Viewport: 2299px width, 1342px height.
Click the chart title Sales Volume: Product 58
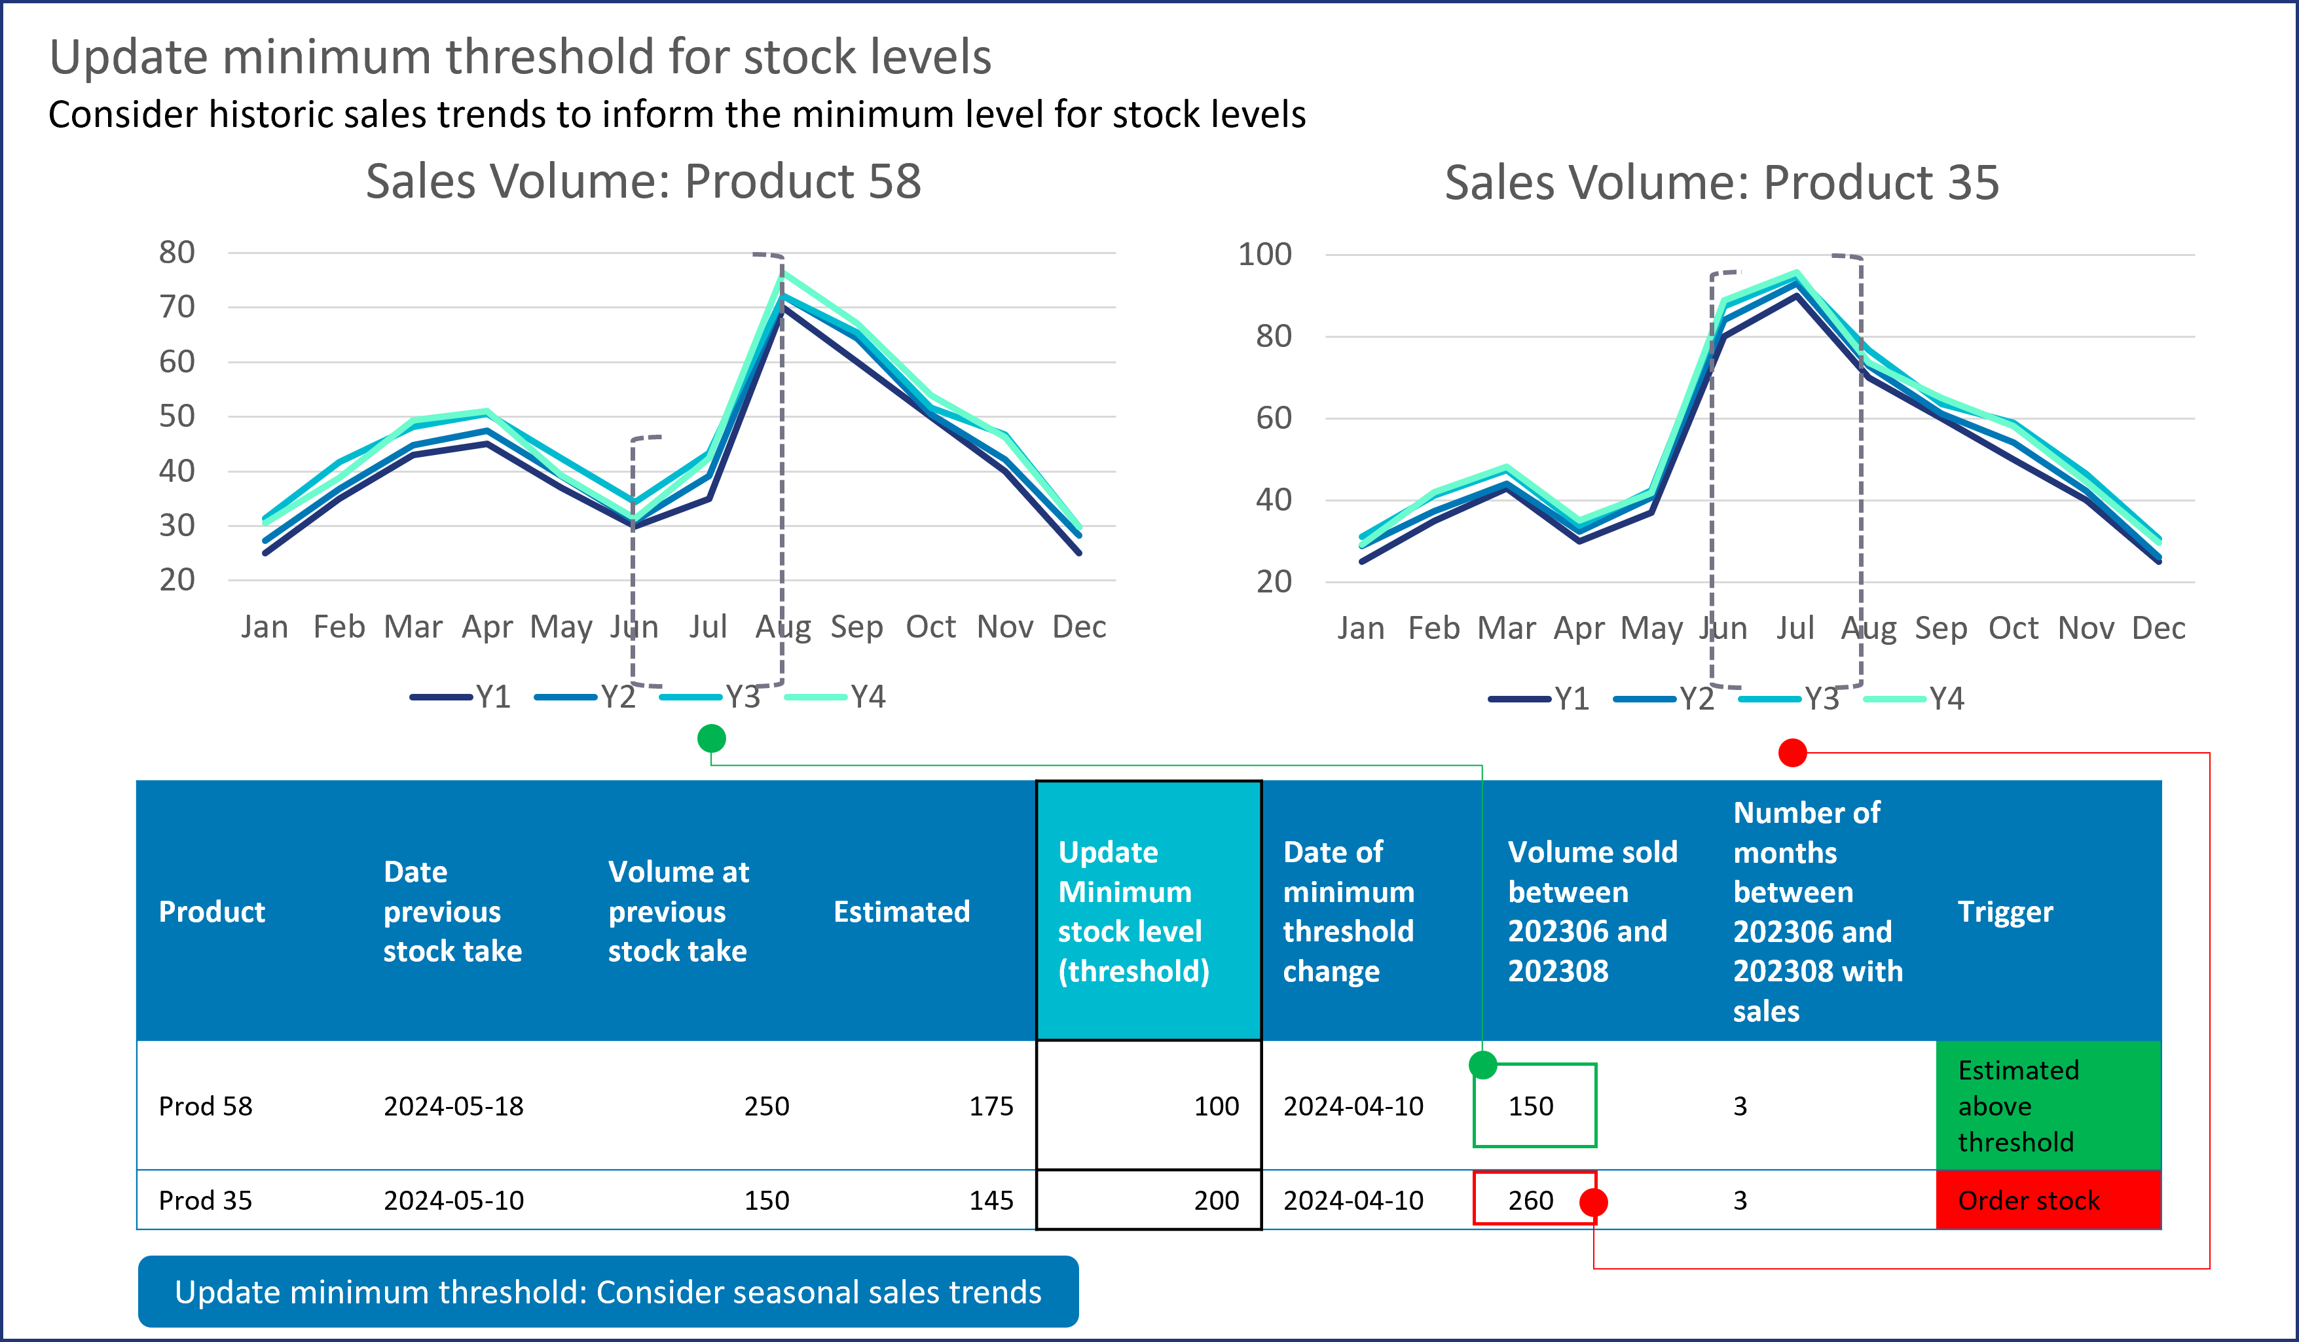tap(643, 181)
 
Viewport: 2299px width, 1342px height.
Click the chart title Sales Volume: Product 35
tap(1721, 183)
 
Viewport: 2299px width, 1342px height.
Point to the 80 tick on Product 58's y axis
tap(177, 253)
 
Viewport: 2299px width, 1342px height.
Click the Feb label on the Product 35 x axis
tap(1433, 628)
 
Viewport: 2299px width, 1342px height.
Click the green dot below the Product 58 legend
tap(712, 738)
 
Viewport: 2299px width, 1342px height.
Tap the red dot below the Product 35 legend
tap(1793, 753)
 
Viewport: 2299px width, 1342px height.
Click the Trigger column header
tap(2005, 911)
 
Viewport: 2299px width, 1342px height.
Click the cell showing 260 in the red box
tap(1530, 1200)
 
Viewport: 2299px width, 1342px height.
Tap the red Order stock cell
tap(2047, 1200)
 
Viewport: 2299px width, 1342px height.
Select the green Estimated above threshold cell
tap(2047, 1106)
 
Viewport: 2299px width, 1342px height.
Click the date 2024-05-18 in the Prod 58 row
tap(453, 1106)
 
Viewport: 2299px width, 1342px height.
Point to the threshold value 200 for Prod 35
tap(1216, 1200)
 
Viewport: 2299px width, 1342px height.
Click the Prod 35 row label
tap(205, 1200)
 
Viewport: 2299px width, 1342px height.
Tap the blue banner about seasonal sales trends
tap(608, 1292)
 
